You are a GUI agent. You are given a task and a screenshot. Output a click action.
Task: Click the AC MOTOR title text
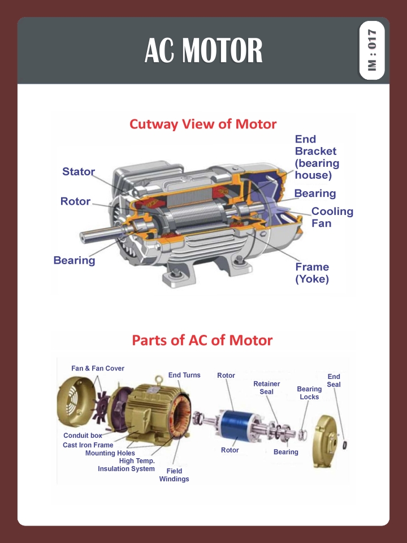(x=203, y=51)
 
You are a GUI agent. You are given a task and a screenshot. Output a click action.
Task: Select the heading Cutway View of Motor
(x=203, y=124)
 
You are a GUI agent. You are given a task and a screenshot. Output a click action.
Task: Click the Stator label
(x=79, y=172)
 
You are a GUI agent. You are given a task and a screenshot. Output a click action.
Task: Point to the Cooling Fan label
(x=332, y=217)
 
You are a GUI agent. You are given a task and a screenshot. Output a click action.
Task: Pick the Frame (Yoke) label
(x=312, y=273)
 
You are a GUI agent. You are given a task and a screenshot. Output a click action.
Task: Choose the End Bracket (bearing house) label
(x=317, y=157)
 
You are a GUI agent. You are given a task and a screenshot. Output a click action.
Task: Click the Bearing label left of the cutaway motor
(x=74, y=261)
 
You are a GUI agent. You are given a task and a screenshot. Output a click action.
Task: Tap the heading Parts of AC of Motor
(x=202, y=341)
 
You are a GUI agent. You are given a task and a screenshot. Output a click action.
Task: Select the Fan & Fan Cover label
(x=98, y=369)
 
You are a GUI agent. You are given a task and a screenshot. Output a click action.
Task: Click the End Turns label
(x=184, y=376)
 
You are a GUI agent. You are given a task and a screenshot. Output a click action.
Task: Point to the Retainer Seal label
(x=266, y=388)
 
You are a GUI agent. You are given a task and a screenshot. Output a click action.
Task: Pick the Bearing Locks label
(x=309, y=393)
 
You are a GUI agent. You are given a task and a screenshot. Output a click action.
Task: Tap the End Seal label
(x=334, y=381)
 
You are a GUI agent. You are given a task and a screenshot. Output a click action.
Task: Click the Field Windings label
(x=174, y=475)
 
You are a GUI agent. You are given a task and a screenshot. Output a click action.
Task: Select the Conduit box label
(x=83, y=436)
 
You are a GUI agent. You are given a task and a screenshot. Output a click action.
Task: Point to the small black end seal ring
(x=345, y=445)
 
